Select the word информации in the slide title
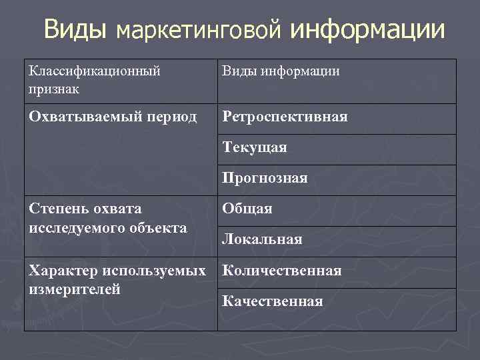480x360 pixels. click(x=367, y=29)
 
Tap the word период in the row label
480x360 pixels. click(x=167, y=117)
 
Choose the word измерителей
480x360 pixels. click(x=74, y=289)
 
